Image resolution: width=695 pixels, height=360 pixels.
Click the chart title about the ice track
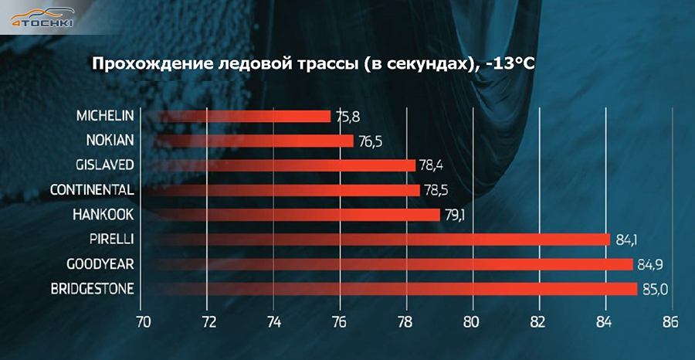(314, 63)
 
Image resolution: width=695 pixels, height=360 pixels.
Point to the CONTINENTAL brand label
(91, 189)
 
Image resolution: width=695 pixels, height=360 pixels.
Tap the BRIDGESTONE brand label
(91, 289)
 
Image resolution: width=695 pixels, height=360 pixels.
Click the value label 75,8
(348, 117)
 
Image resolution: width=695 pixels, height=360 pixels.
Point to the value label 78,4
(433, 165)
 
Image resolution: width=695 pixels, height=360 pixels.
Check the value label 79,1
(456, 215)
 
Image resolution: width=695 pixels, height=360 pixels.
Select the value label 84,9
(650, 265)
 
